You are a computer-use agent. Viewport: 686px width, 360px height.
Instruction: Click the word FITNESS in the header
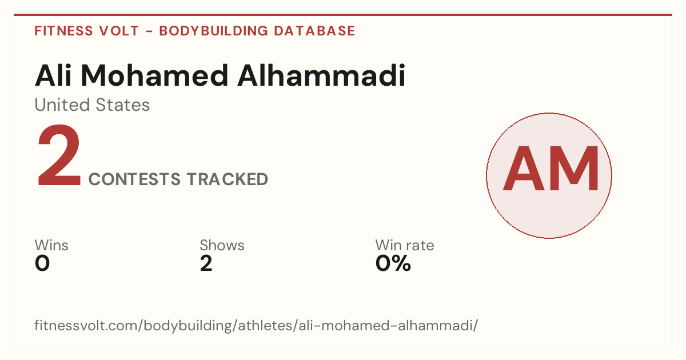point(63,31)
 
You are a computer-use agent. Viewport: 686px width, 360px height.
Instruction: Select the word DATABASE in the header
point(314,31)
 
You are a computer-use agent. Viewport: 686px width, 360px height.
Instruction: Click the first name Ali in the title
point(53,75)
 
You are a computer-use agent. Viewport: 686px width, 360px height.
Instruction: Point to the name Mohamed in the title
point(155,75)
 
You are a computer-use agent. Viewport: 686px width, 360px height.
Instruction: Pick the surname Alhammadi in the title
point(321,75)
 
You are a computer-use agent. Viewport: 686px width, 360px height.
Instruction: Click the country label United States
point(92,105)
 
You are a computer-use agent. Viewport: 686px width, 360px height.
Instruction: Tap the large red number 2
point(59,155)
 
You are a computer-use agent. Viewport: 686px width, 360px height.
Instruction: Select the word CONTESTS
point(134,179)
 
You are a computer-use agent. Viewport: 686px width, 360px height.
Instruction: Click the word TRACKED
point(228,179)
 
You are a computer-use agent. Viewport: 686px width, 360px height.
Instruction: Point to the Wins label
point(51,245)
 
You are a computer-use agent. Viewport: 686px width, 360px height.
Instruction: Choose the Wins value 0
point(42,263)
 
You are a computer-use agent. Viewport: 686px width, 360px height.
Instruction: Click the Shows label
point(222,245)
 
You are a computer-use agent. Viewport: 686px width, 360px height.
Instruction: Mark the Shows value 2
point(206,263)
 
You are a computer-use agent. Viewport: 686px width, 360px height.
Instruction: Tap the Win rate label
point(405,245)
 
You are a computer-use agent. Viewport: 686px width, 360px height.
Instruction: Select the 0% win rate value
point(393,263)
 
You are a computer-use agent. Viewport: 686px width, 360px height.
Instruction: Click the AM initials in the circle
point(551,169)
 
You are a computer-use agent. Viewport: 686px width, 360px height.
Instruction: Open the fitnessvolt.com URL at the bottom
point(256,326)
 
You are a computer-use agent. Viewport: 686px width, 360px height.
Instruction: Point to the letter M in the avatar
point(574,169)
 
